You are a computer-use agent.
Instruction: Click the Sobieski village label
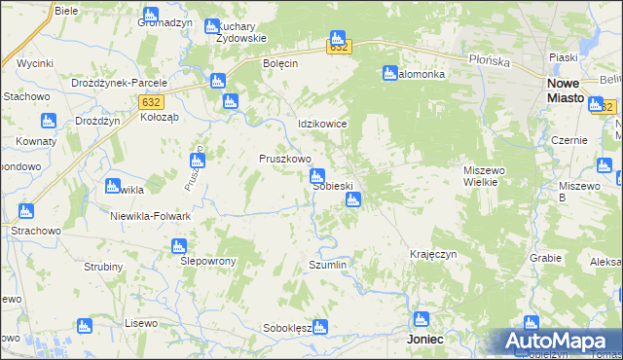coord(333,186)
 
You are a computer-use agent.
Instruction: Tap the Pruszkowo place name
coord(284,159)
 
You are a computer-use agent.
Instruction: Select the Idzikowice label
coord(322,125)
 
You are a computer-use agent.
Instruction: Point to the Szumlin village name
coord(327,265)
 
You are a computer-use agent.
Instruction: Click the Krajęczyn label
coord(434,253)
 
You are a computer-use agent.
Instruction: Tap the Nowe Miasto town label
coord(559,90)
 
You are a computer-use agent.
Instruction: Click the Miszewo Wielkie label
coord(484,176)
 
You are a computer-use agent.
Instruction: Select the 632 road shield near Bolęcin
coord(338,47)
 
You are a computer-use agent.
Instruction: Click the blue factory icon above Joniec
coord(421,319)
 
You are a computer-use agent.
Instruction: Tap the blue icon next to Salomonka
coord(390,73)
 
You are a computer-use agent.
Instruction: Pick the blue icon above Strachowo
coord(25,210)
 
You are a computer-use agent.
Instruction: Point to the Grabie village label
coord(546,258)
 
